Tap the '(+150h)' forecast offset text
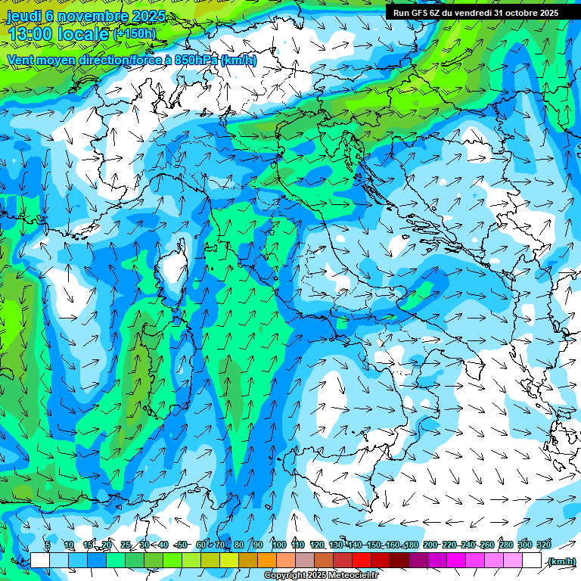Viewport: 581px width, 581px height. point(135,33)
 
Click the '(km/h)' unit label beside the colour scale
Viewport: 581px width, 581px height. point(561,561)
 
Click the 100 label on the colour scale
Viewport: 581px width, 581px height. point(279,545)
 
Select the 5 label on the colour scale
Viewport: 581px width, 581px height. point(48,545)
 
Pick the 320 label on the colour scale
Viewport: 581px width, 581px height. point(543,545)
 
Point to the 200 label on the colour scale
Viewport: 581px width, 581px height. point(430,545)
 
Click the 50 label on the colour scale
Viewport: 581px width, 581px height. point(182,545)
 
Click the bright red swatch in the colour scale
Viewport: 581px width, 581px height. point(362,561)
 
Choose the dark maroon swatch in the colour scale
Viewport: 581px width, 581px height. point(399,561)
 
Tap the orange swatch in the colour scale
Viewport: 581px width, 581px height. point(267,561)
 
